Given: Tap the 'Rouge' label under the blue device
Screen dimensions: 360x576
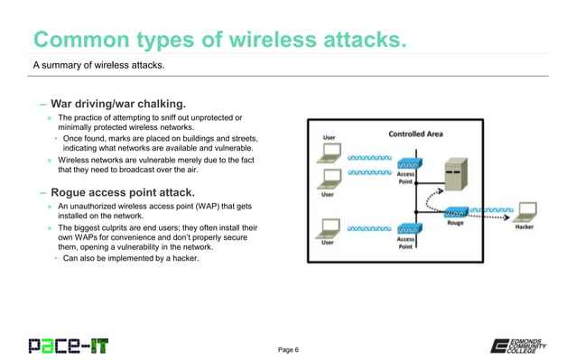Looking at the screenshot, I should (456, 223).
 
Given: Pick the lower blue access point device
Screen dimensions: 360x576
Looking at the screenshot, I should (405, 230).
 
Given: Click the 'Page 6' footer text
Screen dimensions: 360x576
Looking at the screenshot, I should (294, 349).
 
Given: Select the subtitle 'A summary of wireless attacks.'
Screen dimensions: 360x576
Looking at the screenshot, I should (98, 66).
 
